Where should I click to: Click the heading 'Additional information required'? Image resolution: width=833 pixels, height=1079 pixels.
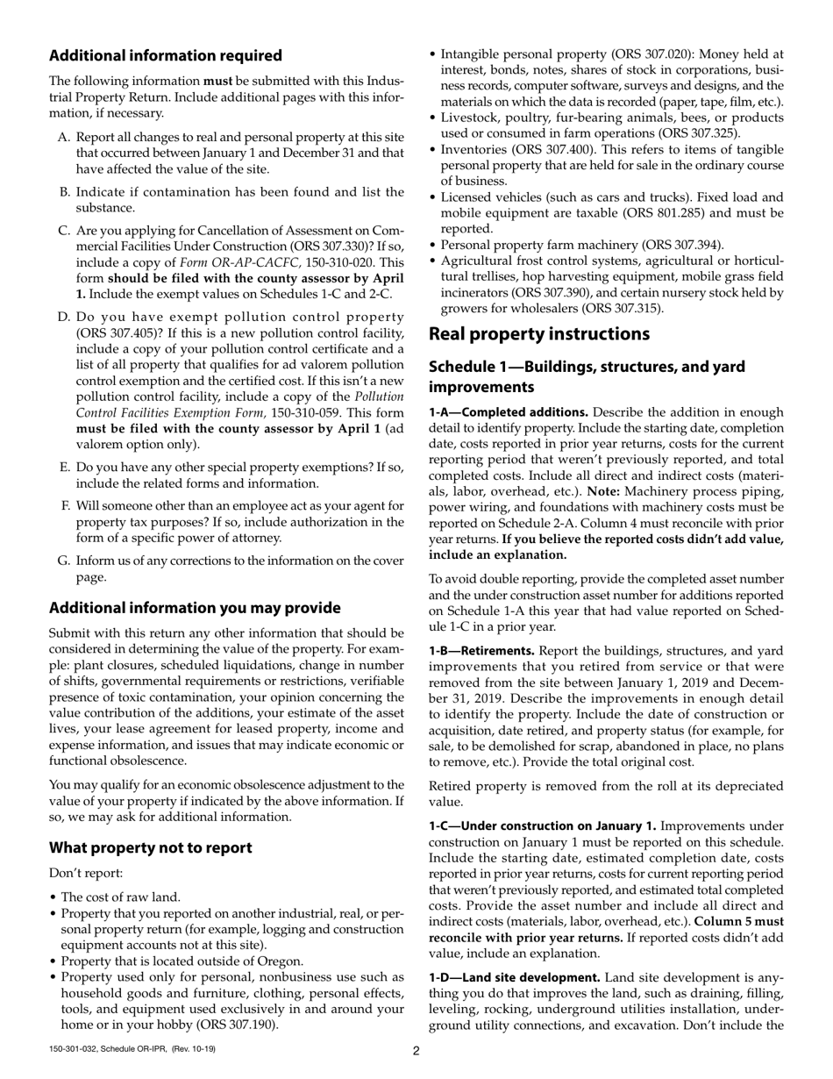pos(166,56)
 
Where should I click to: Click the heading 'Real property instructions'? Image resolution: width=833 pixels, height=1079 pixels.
pos(538,334)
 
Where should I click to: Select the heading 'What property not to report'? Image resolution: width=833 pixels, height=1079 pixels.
pos(150,847)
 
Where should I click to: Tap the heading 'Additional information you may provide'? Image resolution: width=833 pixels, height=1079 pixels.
pos(195,608)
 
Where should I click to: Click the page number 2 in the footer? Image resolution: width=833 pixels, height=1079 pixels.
pos(416,1051)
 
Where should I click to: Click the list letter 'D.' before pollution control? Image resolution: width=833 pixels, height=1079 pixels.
pos(65,317)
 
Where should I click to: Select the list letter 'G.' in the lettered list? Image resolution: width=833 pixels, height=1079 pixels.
pos(63,561)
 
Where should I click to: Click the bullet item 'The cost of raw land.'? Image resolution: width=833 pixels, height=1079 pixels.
pos(120,897)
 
